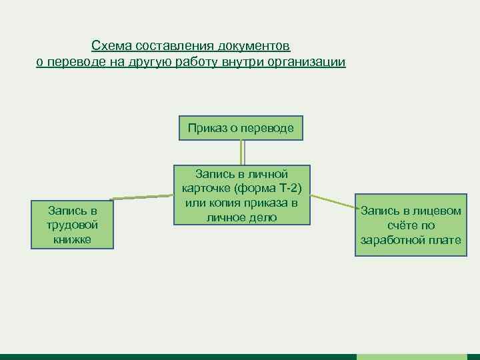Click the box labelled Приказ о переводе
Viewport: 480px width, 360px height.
point(241,128)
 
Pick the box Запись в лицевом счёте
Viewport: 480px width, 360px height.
point(411,225)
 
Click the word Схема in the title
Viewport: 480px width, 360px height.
point(111,47)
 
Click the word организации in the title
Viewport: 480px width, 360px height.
point(307,63)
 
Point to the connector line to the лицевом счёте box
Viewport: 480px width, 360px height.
point(333,201)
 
